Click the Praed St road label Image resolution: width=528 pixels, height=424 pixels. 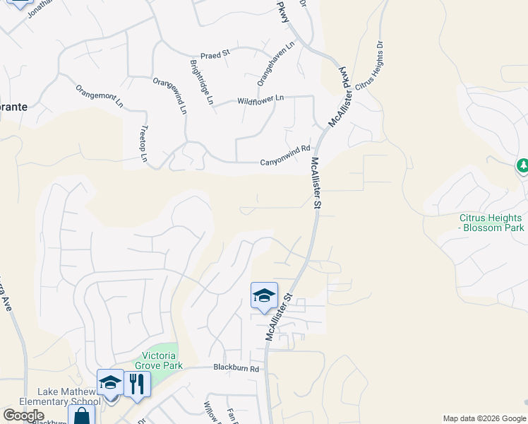(215, 54)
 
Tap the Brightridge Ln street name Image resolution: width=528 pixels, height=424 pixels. (201, 82)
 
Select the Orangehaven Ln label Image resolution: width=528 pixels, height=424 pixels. (275, 63)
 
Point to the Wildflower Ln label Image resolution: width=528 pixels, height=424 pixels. (260, 99)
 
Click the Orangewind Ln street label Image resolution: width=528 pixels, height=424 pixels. (169, 95)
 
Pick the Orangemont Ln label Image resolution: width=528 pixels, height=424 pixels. (100, 96)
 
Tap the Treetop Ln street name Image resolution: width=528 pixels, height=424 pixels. (143, 144)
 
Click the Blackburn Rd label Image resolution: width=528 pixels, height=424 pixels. (236, 369)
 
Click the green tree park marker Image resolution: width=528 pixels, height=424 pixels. (523, 166)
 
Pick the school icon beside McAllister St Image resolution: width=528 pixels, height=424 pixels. (264, 295)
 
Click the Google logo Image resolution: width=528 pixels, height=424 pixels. (23, 416)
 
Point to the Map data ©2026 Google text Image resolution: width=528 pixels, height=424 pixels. (484, 418)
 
